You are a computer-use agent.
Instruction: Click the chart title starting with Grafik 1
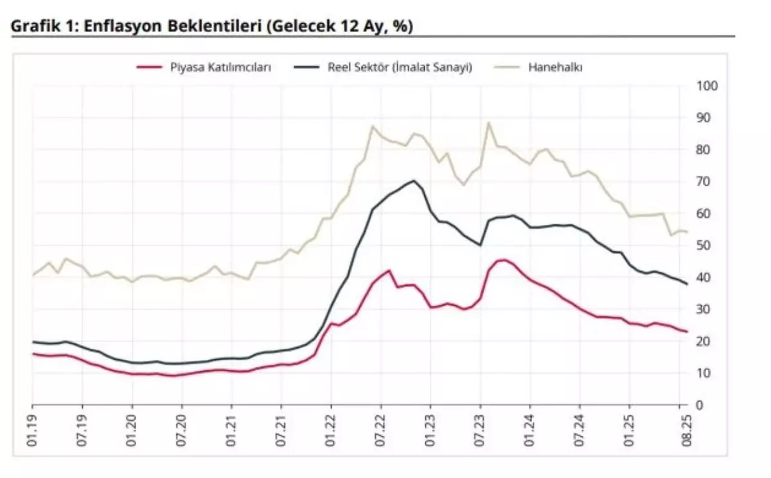[212, 26]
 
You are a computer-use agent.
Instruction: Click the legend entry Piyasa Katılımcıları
[220, 67]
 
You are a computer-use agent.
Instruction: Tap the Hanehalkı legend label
[555, 67]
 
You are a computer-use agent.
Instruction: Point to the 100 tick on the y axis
[706, 86]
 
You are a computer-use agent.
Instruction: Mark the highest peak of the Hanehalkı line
[488, 122]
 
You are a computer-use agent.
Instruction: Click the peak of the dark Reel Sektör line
[414, 181]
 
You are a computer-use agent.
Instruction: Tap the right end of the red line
[687, 332]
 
